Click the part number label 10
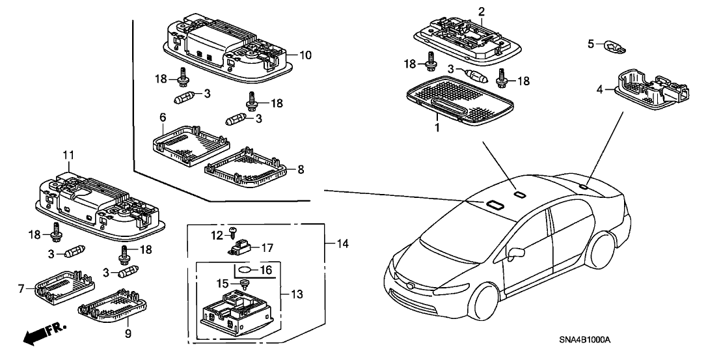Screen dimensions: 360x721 coord(306,55)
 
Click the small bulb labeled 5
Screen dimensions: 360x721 coord(612,45)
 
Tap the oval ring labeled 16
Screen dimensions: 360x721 coord(244,270)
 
